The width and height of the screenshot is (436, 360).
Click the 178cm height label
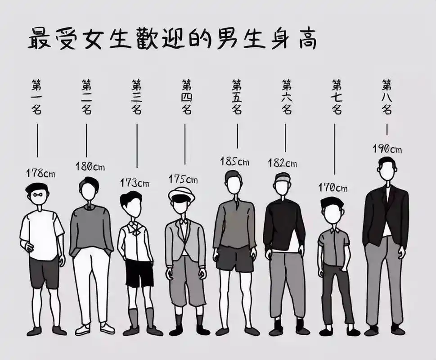tap(40, 173)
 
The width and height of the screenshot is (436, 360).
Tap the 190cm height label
tap(387, 149)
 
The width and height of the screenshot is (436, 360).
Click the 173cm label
tap(135, 183)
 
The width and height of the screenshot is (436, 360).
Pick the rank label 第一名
tap(36, 96)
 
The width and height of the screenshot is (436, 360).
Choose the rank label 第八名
tap(387, 96)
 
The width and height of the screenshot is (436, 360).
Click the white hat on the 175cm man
tap(181, 195)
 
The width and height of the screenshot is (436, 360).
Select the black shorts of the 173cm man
tap(139, 273)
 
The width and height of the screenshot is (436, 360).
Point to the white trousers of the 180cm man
tap(91, 283)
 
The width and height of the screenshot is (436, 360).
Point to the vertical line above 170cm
tap(335, 149)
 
